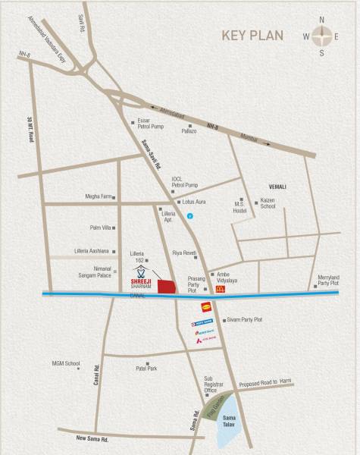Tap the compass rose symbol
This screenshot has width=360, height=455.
tap(322, 35)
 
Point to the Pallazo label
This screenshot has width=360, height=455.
tap(189, 131)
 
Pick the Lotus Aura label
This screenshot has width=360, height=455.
tap(196, 203)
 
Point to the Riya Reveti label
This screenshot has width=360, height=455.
tap(184, 252)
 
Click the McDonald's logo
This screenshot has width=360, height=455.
tap(221, 288)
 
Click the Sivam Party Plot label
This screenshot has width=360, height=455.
tap(243, 320)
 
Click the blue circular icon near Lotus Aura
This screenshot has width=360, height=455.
tap(191, 218)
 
